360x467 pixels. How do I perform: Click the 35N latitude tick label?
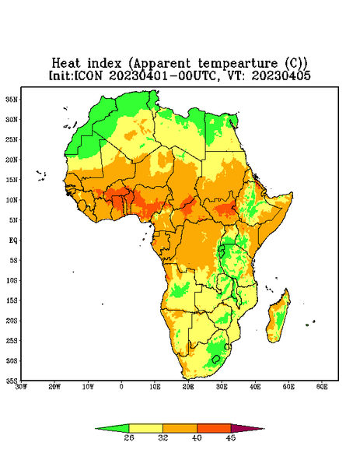tap(12, 100)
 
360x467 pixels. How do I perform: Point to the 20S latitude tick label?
tap(12, 321)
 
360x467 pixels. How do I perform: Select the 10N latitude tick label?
tap(12, 200)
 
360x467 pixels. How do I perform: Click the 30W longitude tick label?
tap(21, 387)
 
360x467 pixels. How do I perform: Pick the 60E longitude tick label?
tap(322, 387)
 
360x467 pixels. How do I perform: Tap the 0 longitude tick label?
tap(121, 387)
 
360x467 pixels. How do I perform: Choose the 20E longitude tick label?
tap(188, 387)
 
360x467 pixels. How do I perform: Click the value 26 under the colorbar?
tap(129, 437)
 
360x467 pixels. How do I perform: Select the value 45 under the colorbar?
tap(231, 437)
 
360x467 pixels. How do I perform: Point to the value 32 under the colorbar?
tap(163, 437)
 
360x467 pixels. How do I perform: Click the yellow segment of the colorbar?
tap(145, 428)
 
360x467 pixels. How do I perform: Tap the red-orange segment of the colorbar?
tap(214, 428)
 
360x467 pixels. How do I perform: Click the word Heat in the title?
tap(66, 64)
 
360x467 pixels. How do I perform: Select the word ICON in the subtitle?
tap(88, 75)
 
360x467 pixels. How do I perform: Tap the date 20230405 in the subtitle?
tap(281, 75)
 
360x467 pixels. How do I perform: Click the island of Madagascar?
tap(278, 318)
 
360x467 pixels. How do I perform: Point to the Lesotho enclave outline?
tap(215, 359)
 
